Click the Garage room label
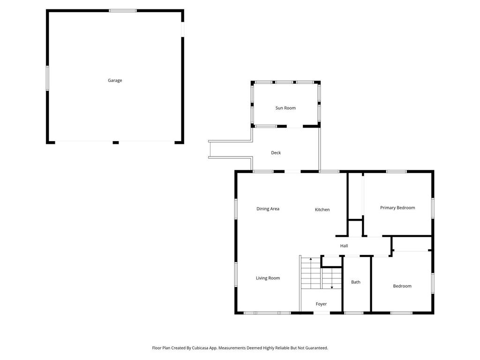pos(115,81)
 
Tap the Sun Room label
pos(285,108)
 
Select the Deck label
pos(276,153)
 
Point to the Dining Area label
pos(268,209)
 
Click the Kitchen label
pos(322,210)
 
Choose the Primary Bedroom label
pos(397,208)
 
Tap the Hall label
pos(344,246)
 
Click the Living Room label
pos(268,278)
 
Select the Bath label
pos(356,282)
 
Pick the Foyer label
pos(321,304)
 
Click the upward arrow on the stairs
pos(310,259)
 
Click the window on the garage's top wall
pos(123,10)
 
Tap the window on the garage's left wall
pos(47,78)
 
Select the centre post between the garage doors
pos(116,142)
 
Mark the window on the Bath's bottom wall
pos(354,313)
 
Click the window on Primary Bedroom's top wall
pos(396,172)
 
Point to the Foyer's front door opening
pos(322,313)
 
